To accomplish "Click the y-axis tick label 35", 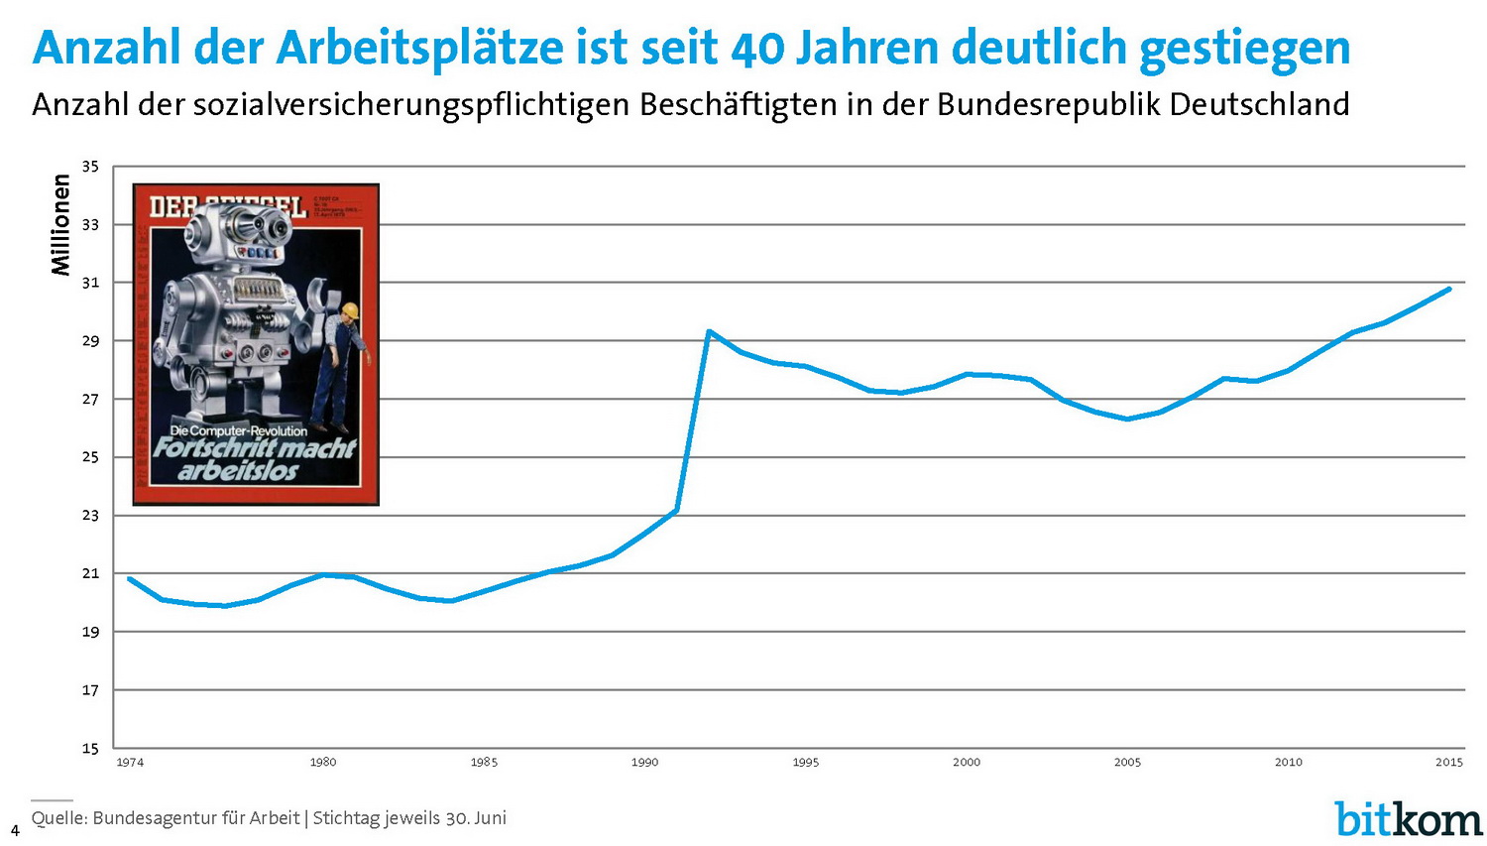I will click(x=90, y=167).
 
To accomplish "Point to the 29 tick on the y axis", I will click(x=90, y=341).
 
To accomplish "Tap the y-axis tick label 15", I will click(x=90, y=749).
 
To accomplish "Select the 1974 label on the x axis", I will click(x=130, y=763).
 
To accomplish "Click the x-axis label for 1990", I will click(x=644, y=763).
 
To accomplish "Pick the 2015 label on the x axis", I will click(x=1449, y=763).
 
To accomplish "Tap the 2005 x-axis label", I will click(x=1127, y=763).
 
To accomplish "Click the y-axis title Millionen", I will click(x=61, y=225).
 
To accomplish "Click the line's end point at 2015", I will click(x=1449, y=289).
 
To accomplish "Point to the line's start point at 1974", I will click(x=130, y=578).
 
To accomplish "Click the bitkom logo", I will click(x=1408, y=819).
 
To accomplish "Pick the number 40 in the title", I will click(x=757, y=48).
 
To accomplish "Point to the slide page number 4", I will click(x=15, y=831).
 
